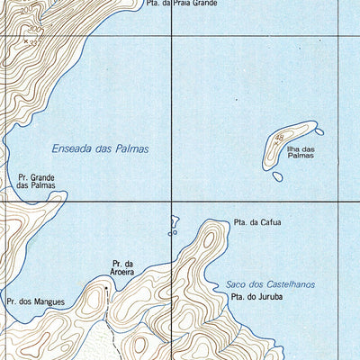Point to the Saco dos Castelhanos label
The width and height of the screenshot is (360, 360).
click(x=270, y=284)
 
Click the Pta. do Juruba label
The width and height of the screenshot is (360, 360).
click(x=253, y=297)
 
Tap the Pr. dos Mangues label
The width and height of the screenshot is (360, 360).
click(x=35, y=301)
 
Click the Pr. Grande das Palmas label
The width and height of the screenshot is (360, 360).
click(x=36, y=183)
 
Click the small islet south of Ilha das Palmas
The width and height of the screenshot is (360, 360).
click(x=277, y=176)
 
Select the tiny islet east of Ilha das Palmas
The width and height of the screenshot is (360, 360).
click(x=319, y=132)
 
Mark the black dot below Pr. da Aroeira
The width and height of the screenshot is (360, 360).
click(x=106, y=288)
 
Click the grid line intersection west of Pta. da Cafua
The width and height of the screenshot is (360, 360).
click(x=172, y=202)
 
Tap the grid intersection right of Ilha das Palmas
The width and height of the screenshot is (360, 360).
click(x=339, y=202)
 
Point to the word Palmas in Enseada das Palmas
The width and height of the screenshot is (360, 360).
click(x=131, y=149)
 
